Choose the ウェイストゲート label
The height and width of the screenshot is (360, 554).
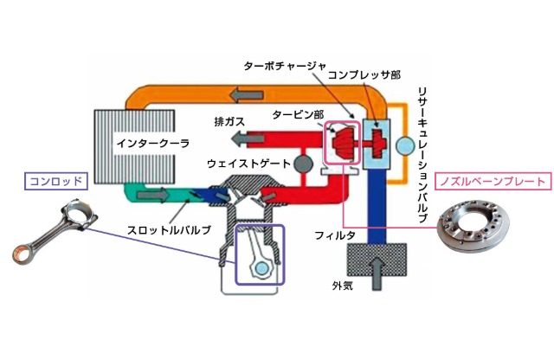click(x=249, y=163)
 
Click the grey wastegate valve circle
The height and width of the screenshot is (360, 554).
click(x=301, y=163)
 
